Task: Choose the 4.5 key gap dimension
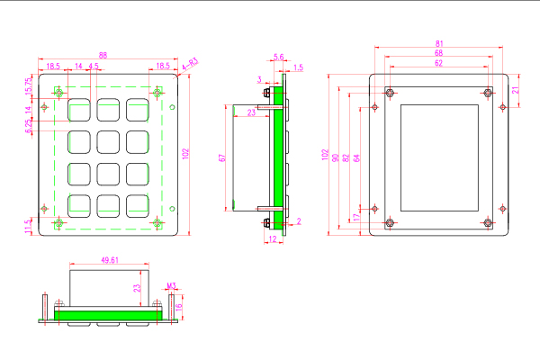[x=94, y=67]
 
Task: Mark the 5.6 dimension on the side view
[x=278, y=57]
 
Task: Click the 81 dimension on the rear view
[x=438, y=43]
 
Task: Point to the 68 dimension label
[x=438, y=54]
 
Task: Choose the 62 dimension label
[x=438, y=64]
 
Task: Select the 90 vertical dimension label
[x=336, y=157]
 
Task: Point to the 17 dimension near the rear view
[x=356, y=218]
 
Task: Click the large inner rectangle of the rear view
[x=437, y=157]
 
